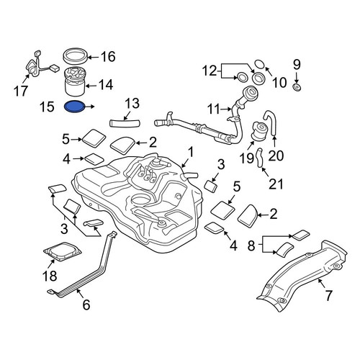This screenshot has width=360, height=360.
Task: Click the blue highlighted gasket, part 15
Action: pyautogui.click(x=75, y=107)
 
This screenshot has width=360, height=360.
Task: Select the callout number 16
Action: pyautogui.click(x=108, y=57)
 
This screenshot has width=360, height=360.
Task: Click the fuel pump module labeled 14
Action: pyautogui.click(x=75, y=81)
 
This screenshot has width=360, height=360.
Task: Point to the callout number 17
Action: pyautogui.click(x=21, y=91)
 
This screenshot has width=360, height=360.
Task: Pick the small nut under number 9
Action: pyautogui.click(x=297, y=87)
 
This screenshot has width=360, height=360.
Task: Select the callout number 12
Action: pyautogui.click(x=210, y=71)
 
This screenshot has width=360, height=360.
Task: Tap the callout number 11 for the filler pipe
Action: pyautogui.click(x=213, y=109)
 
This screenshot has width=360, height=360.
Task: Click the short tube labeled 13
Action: pyautogui.click(x=125, y=123)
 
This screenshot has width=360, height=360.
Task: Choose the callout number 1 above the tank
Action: pyautogui.click(x=191, y=153)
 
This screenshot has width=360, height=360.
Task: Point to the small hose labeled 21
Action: pyautogui.click(x=260, y=158)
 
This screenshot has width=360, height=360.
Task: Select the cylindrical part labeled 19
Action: pyautogui.click(x=258, y=131)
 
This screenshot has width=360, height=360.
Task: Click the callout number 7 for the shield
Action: pyautogui.click(x=328, y=295)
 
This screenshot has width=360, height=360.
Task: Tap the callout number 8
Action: pyautogui.click(x=251, y=246)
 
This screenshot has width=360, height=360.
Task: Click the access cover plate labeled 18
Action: pyautogui.click(x=63, y=251)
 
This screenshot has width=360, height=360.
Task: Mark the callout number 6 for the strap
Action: pyautogui.click(x=86, y=305)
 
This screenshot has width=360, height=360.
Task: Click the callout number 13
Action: pyautogui.click(x=132, y=103)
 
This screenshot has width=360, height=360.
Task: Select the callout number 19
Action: pyautogui.click(x=247, y=158)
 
